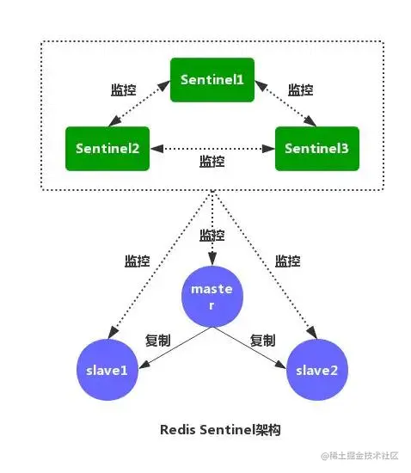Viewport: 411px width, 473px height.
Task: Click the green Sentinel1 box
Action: (x=212, y=79)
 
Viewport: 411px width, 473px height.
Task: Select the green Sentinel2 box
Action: (x=107, y=148)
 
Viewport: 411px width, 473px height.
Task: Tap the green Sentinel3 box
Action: (x=316, y=148)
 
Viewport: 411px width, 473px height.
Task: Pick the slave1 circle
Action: (x=107, y=370)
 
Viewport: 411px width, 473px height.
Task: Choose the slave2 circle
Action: (x=317, y=370)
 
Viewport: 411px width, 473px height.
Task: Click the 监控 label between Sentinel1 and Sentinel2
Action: (x=124, y=89)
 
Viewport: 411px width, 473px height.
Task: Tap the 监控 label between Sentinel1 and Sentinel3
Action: (x=300, y=89)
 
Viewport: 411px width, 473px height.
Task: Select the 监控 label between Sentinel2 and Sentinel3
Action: (x=212, y=161)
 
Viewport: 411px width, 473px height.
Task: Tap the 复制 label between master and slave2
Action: (x=262, y=340)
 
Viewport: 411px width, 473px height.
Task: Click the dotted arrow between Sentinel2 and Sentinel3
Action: (x=212, y=148)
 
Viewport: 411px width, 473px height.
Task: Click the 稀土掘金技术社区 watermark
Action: (x=362, y=455)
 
